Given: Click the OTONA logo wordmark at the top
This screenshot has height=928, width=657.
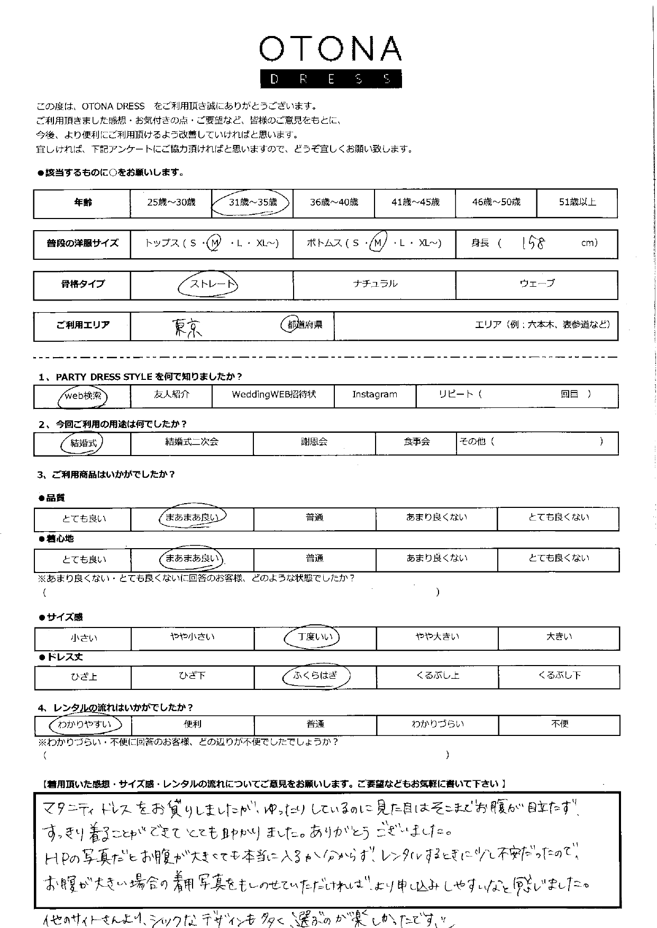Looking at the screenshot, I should [x=330, y=49].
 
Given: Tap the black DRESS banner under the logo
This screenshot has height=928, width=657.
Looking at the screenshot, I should [x=330, y=79].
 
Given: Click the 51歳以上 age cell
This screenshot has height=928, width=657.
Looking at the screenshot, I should [x=577, y=203].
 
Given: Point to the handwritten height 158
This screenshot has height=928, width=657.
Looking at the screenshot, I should [x=533, y=243].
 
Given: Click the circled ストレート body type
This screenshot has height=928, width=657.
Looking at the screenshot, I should [x=208, y=284].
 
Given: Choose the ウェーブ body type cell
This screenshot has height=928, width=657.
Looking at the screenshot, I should [x=537, y=284].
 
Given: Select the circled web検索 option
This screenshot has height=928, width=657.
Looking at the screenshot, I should [x=83, y=396].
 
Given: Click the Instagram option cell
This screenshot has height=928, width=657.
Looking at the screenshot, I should [x=375, y=395].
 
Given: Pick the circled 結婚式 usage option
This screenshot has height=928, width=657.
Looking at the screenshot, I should [x=83, y=443].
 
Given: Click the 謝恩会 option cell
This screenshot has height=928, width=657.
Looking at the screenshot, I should [x=314, y=442].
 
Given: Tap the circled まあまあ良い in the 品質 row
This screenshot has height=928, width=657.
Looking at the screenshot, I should [x=191, y=518].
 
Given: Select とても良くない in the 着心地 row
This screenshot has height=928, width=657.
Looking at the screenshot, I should [x=559, y=558].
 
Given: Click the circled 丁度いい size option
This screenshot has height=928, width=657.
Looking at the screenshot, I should [x=315, y=637].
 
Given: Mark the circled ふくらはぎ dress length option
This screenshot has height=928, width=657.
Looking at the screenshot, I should [x=315, y=676].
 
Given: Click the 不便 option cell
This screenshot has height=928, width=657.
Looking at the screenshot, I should [x=560, y=724].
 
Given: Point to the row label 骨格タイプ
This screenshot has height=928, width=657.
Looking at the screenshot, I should [x=83, y=285].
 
